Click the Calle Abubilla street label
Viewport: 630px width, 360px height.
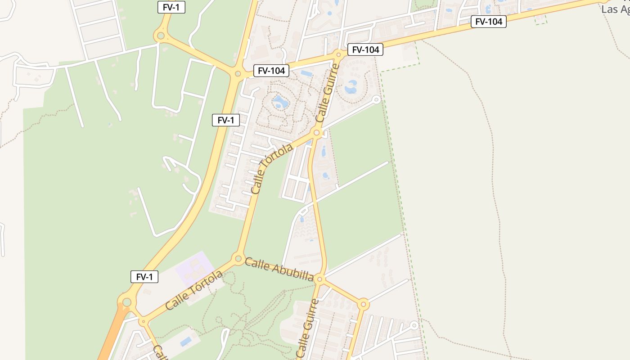click(279, 269)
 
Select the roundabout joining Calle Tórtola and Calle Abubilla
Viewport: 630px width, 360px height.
click(238, 258)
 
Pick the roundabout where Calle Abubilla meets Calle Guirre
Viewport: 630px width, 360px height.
click(319, 279)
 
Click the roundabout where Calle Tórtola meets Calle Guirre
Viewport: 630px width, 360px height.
click(316, 133)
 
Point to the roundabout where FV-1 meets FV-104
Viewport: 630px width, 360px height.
click(238, 74)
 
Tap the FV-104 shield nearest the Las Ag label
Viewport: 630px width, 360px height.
click(488, 21)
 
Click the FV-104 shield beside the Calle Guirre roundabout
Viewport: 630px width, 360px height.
click(365, 49)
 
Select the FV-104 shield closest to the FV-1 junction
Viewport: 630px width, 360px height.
click(271, 71)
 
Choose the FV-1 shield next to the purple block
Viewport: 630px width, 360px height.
click(144, 277)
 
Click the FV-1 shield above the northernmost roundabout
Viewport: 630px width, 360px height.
click(171, 7)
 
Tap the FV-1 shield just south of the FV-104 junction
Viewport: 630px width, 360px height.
click(226, 120)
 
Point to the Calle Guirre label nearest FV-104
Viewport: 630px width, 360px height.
click(327, 94)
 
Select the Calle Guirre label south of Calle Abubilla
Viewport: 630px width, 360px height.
click(307, 328)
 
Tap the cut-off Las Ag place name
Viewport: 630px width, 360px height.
click(615, 9)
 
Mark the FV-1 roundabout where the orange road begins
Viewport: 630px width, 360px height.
click(127, 302)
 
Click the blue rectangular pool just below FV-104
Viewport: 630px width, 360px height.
click(306, 73)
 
